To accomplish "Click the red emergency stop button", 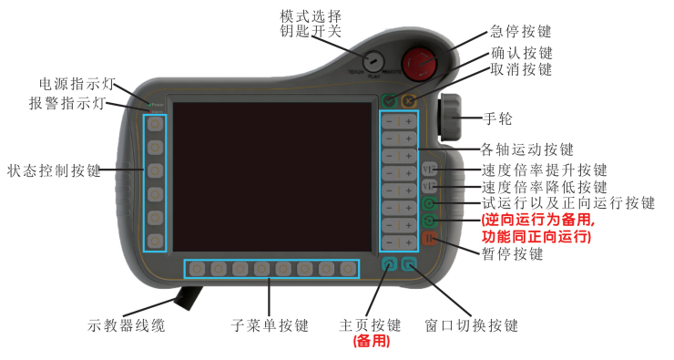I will pos(420,65).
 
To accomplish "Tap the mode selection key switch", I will pos(373,61).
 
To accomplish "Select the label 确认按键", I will pos(522,52).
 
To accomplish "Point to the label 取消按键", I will pos(522,69).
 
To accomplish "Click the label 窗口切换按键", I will pos(472,325).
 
